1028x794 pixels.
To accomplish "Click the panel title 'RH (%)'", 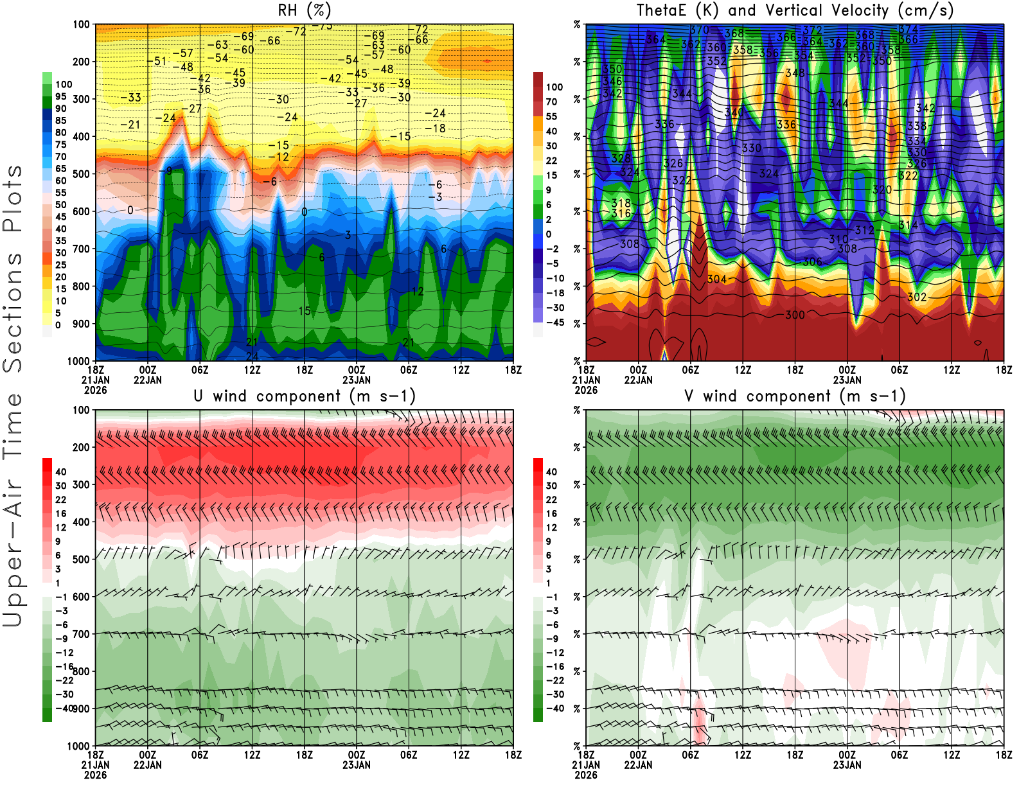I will [x=304, y=10].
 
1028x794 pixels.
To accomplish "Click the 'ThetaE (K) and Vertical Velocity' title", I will [x=795, y=10].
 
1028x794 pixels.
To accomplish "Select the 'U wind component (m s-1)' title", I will [x=305, y=396].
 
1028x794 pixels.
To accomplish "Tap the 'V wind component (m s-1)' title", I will [x=795, y=396].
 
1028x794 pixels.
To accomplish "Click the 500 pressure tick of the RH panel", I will [x=81, y=173].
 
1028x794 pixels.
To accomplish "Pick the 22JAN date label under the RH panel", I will [x=148, y=380].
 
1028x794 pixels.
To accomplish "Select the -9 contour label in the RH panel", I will [x=166, y=171].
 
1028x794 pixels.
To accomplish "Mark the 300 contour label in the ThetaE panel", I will [x=795, y=315].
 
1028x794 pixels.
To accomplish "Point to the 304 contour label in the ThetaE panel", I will [x=716, y=279].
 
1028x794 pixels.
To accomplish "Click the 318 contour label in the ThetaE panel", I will [x=621, y=204].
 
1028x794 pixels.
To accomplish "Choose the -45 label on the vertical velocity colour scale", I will [x=554, y=322].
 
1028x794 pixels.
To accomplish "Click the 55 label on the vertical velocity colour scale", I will [x=551, y=116].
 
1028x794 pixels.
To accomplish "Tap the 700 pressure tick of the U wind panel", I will [x=81, y=634].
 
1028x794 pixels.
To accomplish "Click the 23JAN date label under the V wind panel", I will [x=847, y=765].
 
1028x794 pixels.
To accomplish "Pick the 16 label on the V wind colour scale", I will [x=551, y=514].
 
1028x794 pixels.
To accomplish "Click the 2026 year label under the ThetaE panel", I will [x=586, y=390].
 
